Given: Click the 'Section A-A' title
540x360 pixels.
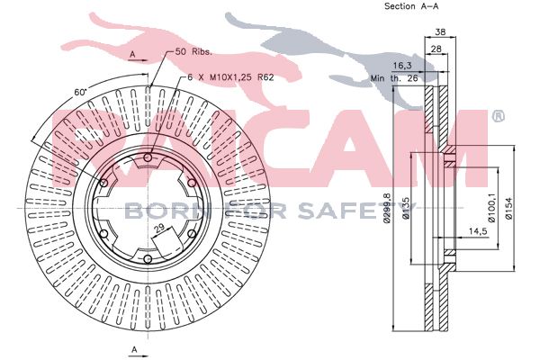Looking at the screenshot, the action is tap(411, 6).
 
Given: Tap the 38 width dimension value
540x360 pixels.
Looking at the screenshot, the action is tap(440, 32).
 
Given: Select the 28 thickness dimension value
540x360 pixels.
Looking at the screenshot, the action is tap(436, 49).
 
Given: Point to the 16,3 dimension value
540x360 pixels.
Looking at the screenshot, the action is tap(402, 66).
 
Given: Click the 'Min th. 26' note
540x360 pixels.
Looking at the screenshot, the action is tap(394, 78).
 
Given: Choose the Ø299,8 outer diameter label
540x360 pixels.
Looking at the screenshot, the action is tap(387, 208).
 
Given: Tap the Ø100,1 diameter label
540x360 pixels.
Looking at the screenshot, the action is tap(491, 208).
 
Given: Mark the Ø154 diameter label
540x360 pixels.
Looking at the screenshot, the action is tap(508, 208).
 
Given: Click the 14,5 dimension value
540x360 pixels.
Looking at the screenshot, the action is tap(478, 231).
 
